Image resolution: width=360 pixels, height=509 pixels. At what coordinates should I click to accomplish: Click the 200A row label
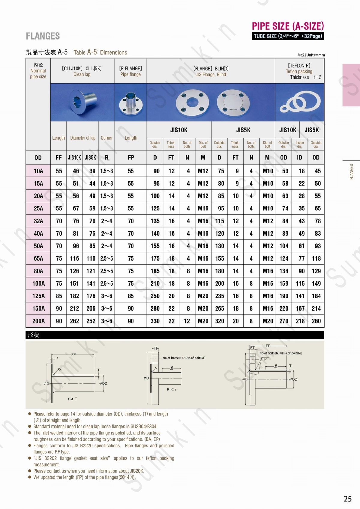click(38, 321)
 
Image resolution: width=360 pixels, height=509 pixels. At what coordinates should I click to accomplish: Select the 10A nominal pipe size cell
click(38, 171)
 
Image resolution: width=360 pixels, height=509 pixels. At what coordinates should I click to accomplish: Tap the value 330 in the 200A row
click(155, 321)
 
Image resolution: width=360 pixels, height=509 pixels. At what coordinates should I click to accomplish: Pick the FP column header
click(131, 157)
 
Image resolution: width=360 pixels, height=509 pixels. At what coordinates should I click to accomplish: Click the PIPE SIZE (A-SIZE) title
click(288, 26)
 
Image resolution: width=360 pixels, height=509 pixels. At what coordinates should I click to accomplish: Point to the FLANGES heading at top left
click(43, 36)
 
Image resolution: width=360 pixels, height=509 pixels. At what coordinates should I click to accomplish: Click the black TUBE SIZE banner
click(288, 36)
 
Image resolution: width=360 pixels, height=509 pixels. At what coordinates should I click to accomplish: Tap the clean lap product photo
click(82, 102)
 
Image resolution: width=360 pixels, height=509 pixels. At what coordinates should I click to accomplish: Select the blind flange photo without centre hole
click(232, 102)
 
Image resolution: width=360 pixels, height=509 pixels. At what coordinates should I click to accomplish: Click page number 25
click(347, 499)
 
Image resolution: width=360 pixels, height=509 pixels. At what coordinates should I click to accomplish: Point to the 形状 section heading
click(33, 335)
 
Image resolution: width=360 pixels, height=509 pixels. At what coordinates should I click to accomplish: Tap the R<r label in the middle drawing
click(171, 389)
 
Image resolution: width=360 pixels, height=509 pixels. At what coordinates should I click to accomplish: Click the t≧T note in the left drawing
click(72, 399)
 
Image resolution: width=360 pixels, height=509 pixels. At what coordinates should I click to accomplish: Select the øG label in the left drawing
click(46, 383)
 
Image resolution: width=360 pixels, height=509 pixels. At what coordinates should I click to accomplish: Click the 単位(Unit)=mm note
click(311, 55)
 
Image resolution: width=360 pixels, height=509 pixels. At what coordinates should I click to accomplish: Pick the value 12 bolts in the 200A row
click(187, 321)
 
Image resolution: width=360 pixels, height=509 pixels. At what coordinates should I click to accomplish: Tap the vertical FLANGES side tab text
click(351, 172)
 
